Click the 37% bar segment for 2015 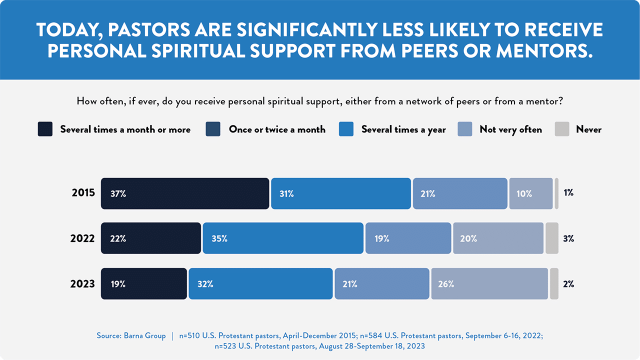pyautogui.click(x=185, y=193)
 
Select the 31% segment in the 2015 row pyautogui.click(x=341, y=193)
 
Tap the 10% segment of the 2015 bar pyautogui.click(x=530, y=193)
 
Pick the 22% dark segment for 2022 pyautogui.click(x=151, y=238)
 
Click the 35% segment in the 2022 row pyautogui.click(x=283, y=238)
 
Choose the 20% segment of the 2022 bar pyautogui.click(x=498, y=238)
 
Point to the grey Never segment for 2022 pyautogui.click(x=551, y=238)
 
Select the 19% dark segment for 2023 pyautogui.click(x=144, y=283)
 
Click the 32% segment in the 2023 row pyautogui.click(x=260, y=283)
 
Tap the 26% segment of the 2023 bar pyautogui.click(x=489, y=283)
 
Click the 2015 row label pyautogui.click(x=83, y=193)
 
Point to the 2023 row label pyautogui.click(x=82, y=283)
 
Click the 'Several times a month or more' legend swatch pyautogui.click(x=45, y=129)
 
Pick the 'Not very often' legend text pyautogui.click(x=510, y=129)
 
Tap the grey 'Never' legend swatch pyautogui.click(x=562, y=129)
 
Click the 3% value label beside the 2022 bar pyautogui.click(x=568, y=238)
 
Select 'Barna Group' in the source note pyautogui.click(x=145, y=335)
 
